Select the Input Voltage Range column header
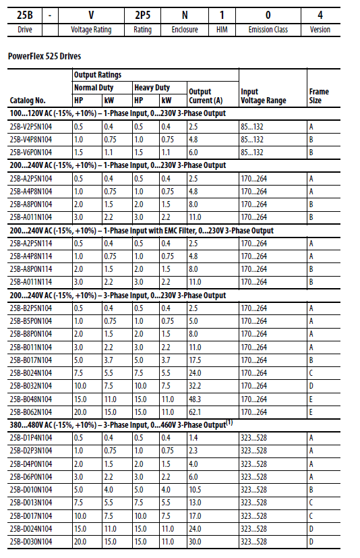[264, 96]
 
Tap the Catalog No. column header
[28, 100]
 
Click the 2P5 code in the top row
[142, 13]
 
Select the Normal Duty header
[94, 87]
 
